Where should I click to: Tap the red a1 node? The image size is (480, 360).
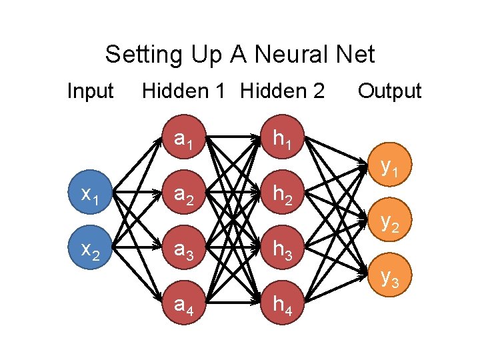[184, 141]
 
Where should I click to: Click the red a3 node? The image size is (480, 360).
[184, 251]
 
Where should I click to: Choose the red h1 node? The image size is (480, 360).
[280, 141]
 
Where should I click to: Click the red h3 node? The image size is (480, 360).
[280, 251]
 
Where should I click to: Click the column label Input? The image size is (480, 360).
[91, 91]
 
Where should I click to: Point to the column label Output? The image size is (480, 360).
[389, 91]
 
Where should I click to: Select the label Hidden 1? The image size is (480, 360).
[183, 91]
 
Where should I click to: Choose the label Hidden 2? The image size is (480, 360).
[282, 91]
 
